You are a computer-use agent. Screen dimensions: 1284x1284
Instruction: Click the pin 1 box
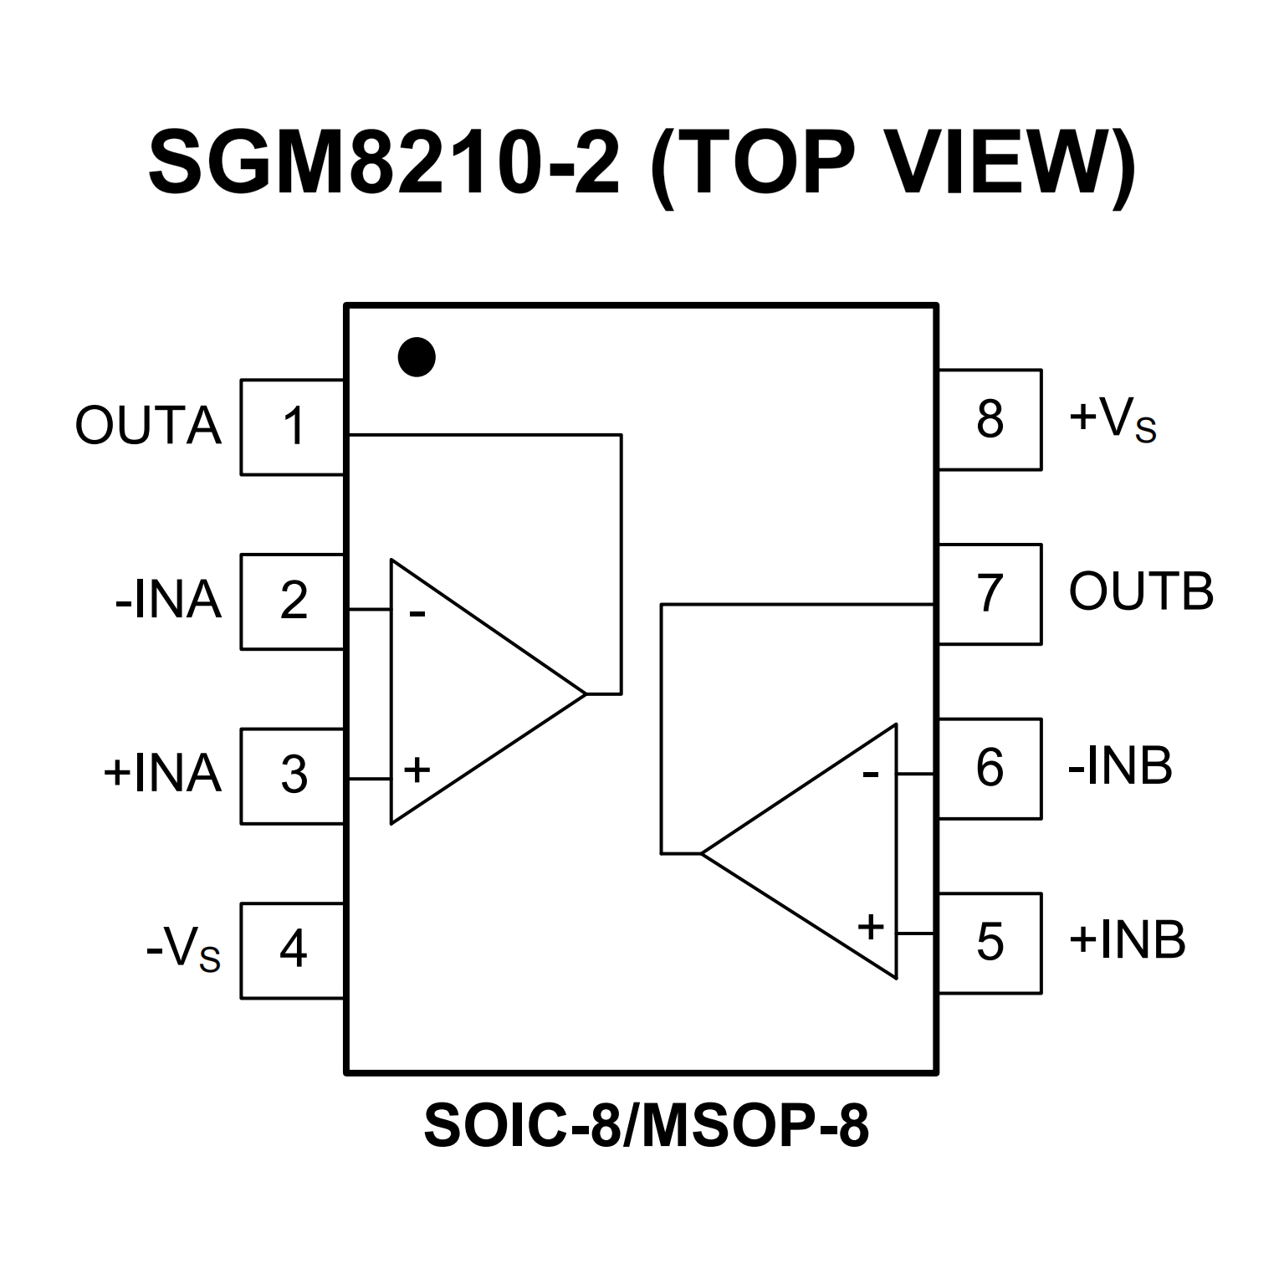293,427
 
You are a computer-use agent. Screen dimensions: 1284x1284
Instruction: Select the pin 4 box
293,950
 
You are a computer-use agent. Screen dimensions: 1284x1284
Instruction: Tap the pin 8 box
990,419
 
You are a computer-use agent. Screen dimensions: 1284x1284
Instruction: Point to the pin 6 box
990,768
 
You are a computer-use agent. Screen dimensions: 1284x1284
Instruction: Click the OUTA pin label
148,427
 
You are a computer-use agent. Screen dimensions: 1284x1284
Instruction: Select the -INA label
168,601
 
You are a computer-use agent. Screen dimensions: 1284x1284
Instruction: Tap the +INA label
162,775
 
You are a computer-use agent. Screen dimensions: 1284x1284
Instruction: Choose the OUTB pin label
1141,592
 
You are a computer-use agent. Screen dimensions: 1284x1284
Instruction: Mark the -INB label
1120,767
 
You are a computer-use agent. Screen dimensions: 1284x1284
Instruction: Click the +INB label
1127,940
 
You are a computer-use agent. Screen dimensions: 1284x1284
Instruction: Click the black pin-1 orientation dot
417,357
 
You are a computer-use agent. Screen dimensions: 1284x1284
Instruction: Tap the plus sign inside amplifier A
417,769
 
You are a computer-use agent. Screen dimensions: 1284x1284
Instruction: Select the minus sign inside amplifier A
417,615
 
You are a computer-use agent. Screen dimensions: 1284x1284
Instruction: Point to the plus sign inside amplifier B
871,926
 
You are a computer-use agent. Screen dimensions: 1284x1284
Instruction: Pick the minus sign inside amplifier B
871,775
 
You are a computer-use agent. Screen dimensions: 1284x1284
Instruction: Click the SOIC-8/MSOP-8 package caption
646,1127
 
